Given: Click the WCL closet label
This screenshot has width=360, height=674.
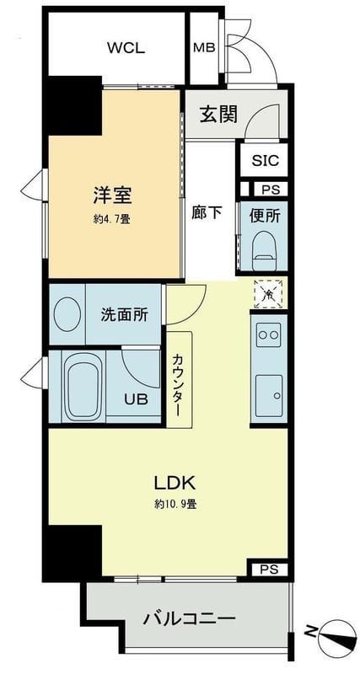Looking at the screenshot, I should point(126,47).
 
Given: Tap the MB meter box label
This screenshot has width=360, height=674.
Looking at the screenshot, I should point(203,47).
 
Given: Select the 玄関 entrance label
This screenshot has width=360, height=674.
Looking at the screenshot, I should point(218,115).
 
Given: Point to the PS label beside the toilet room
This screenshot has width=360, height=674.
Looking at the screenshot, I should point(270,190).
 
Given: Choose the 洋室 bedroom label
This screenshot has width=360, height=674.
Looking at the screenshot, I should point(112,196).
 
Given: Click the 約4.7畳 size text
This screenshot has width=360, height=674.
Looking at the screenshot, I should point(112,218).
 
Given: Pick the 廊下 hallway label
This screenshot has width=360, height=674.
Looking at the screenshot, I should point(207,212).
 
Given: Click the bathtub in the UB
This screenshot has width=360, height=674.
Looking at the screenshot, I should point(83,387).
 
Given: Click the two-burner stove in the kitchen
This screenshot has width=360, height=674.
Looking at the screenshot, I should point(268,334).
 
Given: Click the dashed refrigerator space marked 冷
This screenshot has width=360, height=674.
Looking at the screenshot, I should point(268,294).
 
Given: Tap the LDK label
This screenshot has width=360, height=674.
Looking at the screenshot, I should point(175,483).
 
